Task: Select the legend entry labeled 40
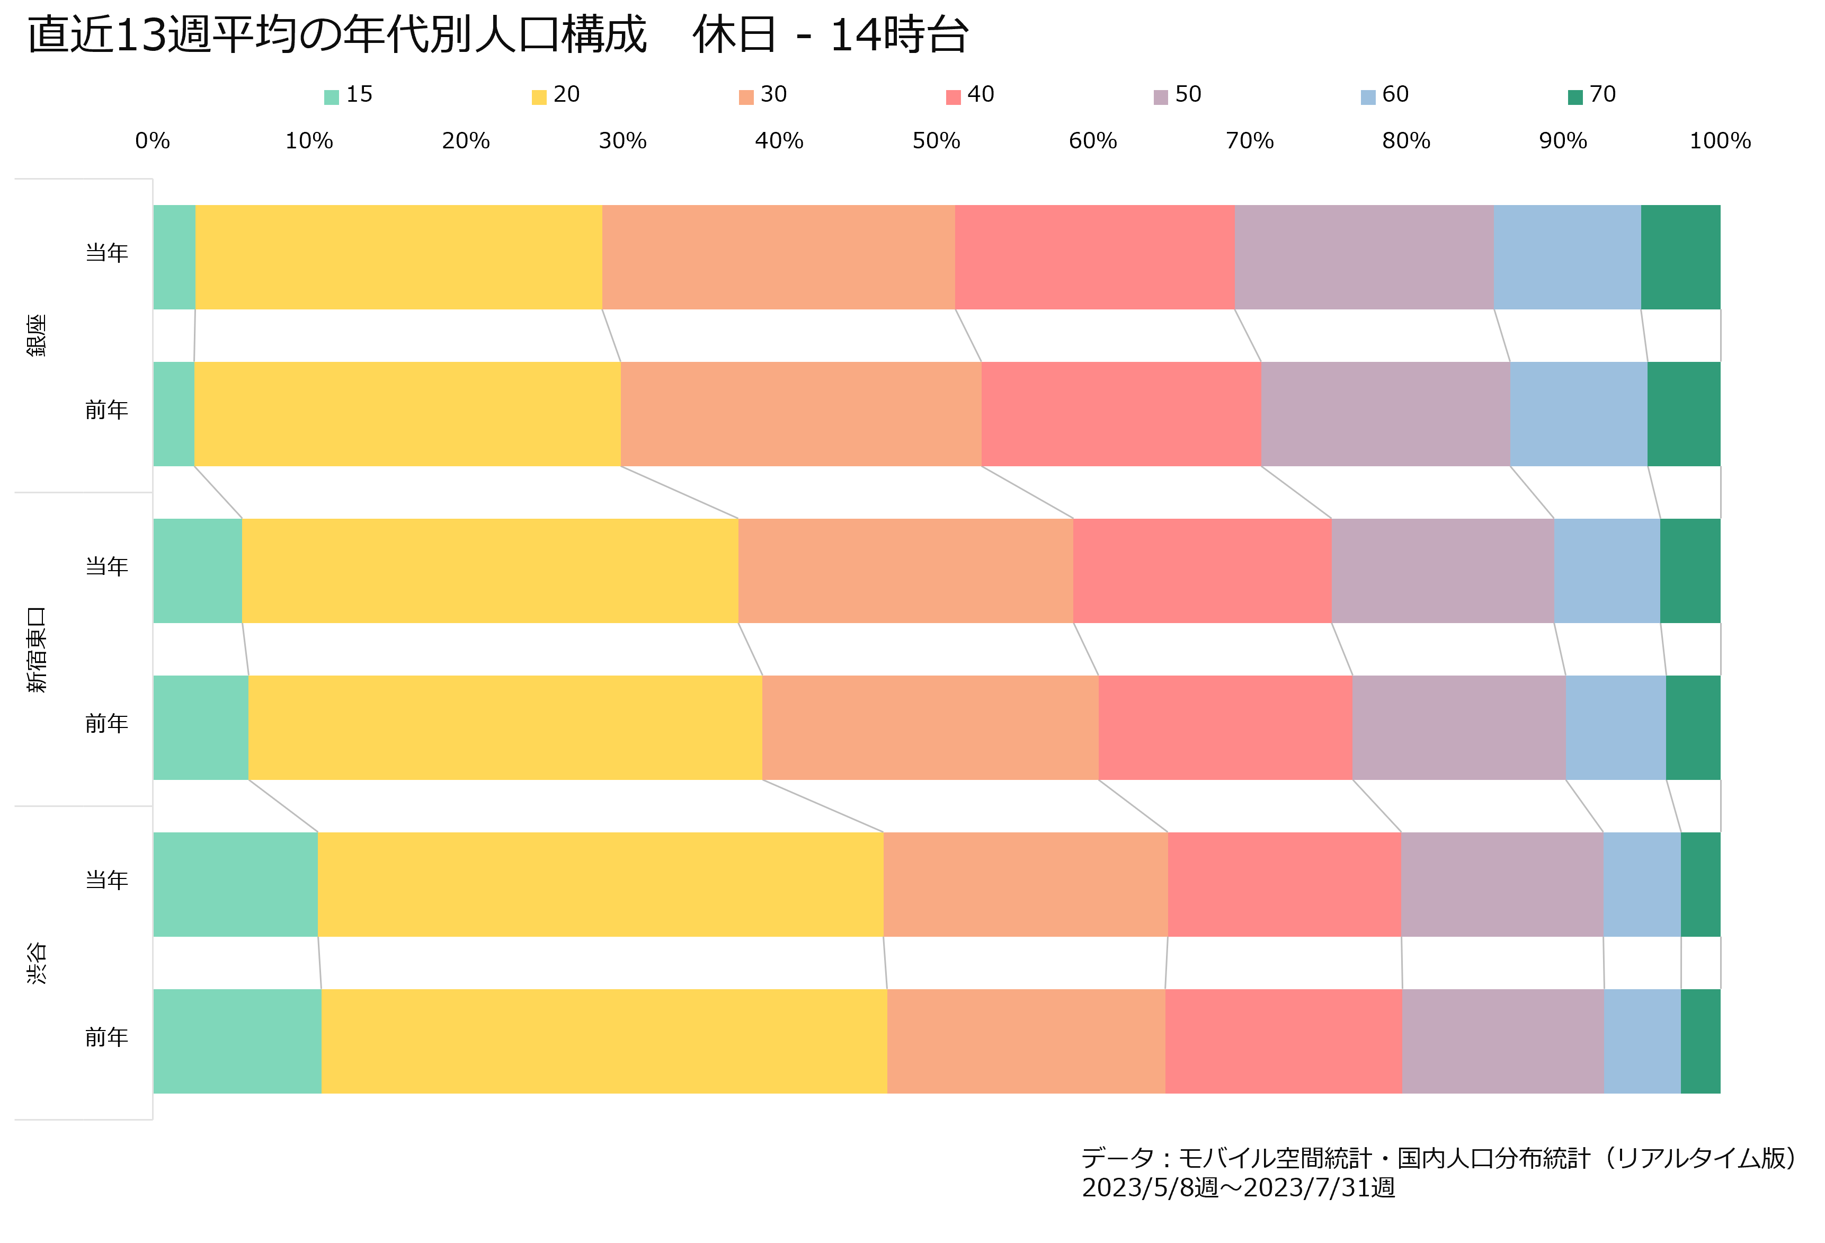pyautogui.click(x=971, y=95)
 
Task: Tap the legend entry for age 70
pyautogui.click(x=1592, y=95)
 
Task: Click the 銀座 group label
pyautogui.click(x=37, y=335)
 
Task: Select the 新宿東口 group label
pyautogui.click(x=37, y=650)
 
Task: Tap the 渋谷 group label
pyautogui.click(x=37, y=963)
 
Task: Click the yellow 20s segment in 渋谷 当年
pyautogui.click(x=601, y=884)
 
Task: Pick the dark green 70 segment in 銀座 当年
pyautogui.click(x=1680, y=257)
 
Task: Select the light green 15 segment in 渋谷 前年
pyautogui.click(x=237, y=1041)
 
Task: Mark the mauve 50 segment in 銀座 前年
pyautogui.click(x=1385, y=414)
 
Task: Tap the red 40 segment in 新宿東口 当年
pyautogui.click(x=1202, y=571)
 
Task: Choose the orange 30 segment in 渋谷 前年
pyautogui.click(x=1026, y=1041)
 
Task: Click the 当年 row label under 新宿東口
pyautogui.click(x=107, y=566)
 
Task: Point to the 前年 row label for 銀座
pyautogui.click(x=107, y=409)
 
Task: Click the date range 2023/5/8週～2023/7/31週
pyautogui.click(x=1239, y=1187)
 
